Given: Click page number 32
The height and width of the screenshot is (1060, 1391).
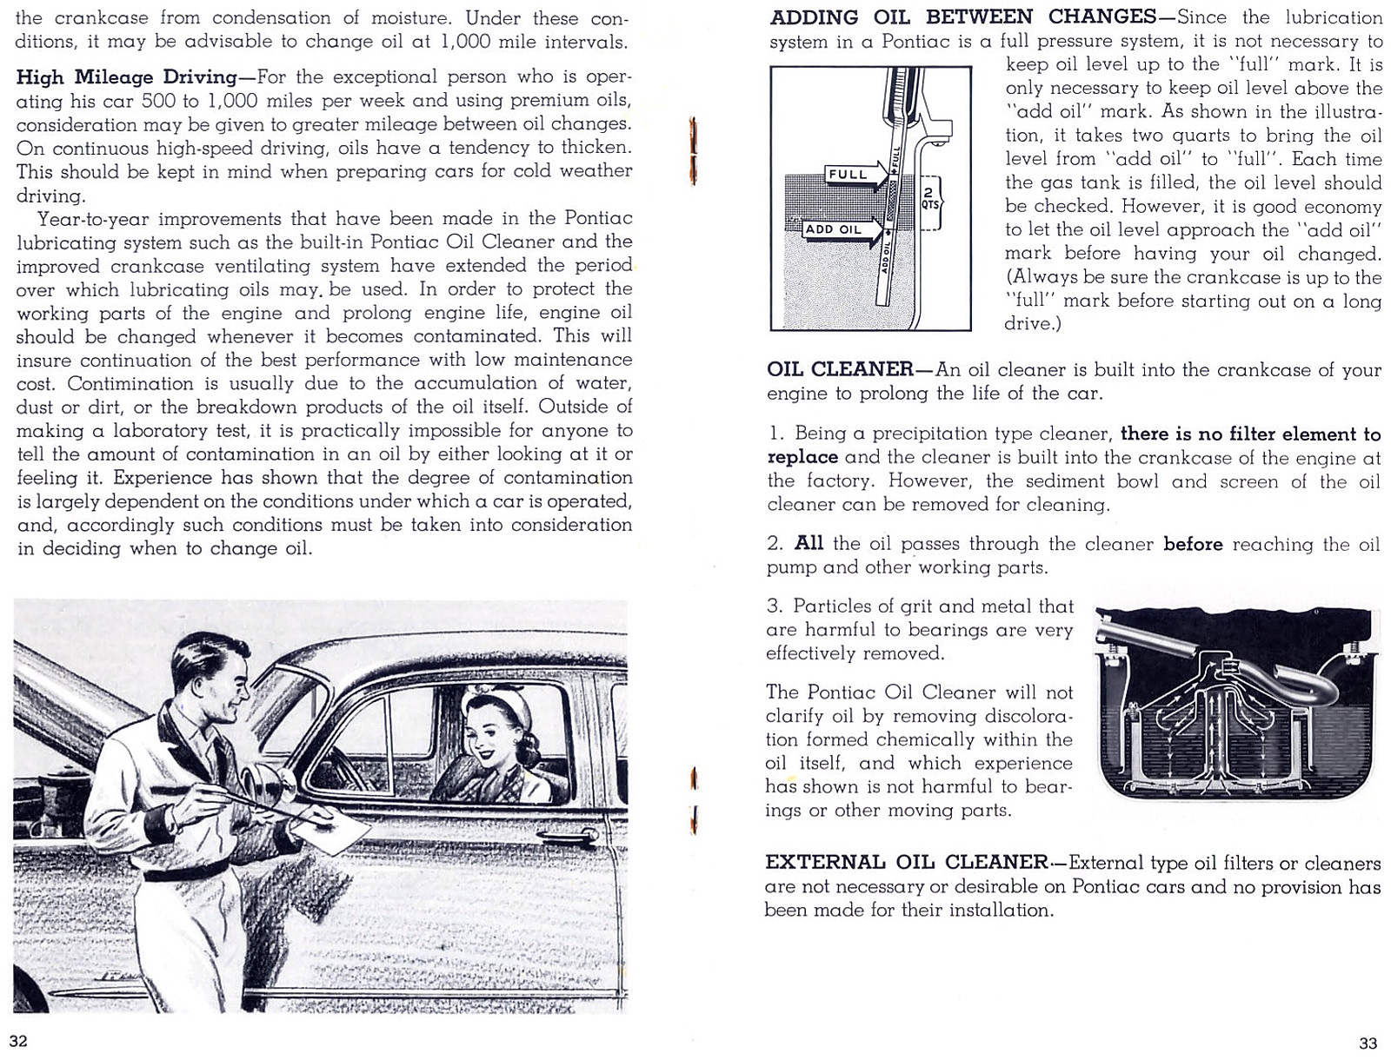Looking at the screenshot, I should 18,1041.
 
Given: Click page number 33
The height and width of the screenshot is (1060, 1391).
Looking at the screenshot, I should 1368,1043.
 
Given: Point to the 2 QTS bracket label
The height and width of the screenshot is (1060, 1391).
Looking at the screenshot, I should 928,200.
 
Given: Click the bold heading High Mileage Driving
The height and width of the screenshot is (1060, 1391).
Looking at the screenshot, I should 126,77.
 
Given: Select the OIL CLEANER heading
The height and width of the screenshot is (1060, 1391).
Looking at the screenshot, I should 839,369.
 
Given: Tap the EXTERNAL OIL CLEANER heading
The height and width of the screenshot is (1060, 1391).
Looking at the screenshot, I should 906,862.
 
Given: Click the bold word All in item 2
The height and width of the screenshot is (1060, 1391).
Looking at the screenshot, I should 809,544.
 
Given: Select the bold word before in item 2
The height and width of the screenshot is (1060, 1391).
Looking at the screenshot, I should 1193,544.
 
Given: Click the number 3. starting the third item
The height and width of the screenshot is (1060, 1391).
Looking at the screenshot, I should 775,606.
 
